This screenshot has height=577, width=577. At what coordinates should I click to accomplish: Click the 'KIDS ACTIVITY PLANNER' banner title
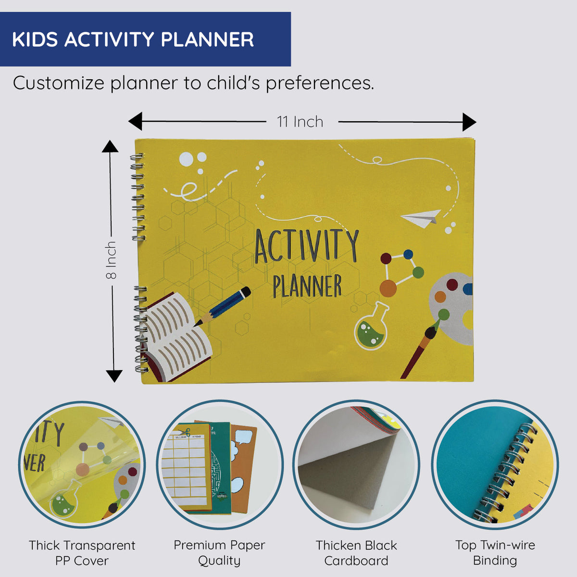(133, 39)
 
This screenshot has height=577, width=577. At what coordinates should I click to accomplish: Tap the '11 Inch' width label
(300, 122)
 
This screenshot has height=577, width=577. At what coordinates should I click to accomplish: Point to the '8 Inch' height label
(111, 260)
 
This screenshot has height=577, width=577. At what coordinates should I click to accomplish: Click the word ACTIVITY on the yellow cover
(306, 247)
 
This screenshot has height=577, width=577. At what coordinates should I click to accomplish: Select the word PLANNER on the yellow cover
(307, 286)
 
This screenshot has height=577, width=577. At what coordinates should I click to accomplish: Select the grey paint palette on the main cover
(452, 308)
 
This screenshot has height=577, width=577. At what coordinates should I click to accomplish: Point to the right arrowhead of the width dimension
(469, 122)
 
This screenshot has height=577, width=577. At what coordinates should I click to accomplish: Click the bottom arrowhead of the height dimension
(113, 376)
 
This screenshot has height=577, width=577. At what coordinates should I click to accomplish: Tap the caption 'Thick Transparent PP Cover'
(82, 552)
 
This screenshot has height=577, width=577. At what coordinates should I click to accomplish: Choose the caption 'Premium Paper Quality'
(219, 552)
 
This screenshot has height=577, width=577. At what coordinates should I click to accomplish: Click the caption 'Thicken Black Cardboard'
(356, 552)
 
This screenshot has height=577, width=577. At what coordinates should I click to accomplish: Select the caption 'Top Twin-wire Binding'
(495, 552)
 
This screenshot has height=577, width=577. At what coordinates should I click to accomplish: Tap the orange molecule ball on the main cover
(388, 288)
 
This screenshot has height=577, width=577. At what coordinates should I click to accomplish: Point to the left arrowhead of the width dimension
(135, 122)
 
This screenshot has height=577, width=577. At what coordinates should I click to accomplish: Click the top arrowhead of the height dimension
(110, 147)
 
